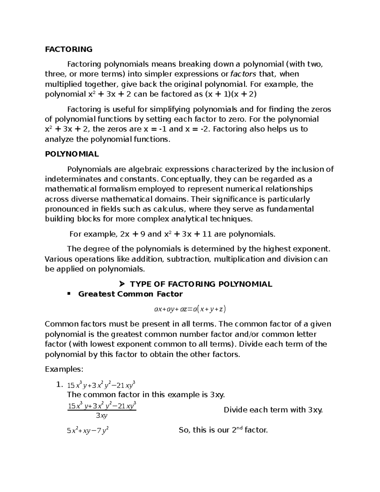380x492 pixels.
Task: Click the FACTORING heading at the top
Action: (69, 49)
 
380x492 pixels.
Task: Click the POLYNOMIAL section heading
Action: (72, 154)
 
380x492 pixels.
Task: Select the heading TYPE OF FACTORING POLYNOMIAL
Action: (201, 284)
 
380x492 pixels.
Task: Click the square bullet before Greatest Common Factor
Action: (68, 294)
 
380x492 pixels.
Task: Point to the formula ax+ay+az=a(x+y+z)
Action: (190, 309)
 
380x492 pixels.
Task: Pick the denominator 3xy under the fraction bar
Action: (102, 416)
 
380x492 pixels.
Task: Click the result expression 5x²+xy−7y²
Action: (88, 431)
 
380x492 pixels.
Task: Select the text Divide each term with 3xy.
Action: (273, 410)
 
